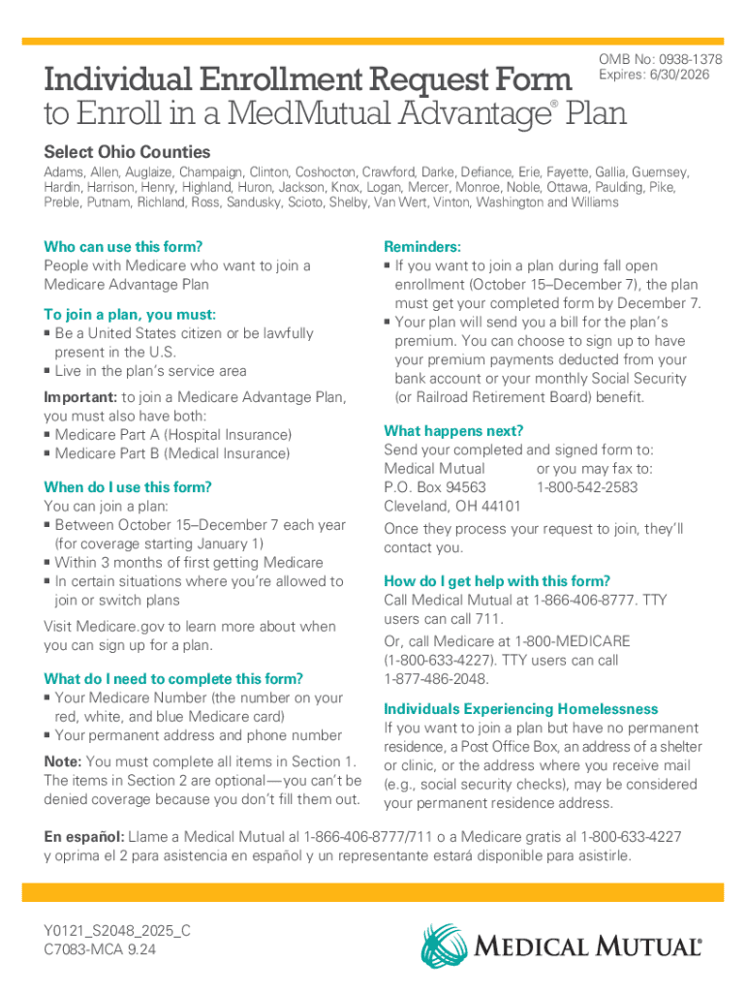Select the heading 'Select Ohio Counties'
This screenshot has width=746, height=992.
[x=127, y=152]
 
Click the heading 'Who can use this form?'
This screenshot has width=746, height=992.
[x=123, y=246]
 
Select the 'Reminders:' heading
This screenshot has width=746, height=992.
[x=422, y=246]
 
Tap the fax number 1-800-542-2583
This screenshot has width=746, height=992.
[x=587, y=487]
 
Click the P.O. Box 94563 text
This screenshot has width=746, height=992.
[x=435, y=487]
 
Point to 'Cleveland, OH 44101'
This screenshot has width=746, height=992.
[x=452, y=506]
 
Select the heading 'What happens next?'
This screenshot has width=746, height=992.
[x=453, y=430]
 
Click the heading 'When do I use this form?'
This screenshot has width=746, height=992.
[x=127, y=486]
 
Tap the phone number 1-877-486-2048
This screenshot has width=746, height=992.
[x=437, y=679]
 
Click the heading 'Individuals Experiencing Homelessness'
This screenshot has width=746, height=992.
[x=520, y=708]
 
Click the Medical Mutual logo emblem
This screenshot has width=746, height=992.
[x=445, y=946]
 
